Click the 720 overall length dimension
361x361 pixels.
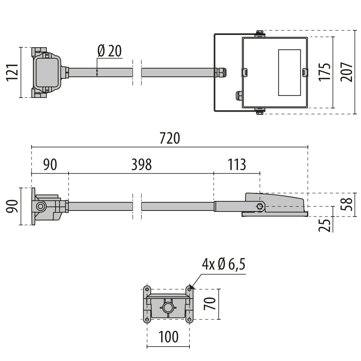click(169, 138)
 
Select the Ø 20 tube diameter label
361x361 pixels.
click(110, 51)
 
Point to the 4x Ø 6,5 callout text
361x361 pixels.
click(224, 265)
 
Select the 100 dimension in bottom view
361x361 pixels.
click(168, 337)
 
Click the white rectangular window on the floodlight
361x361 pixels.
click(289, 73)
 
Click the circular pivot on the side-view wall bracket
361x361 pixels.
click(40, 206)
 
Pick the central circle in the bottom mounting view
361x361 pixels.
click(168, 307)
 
